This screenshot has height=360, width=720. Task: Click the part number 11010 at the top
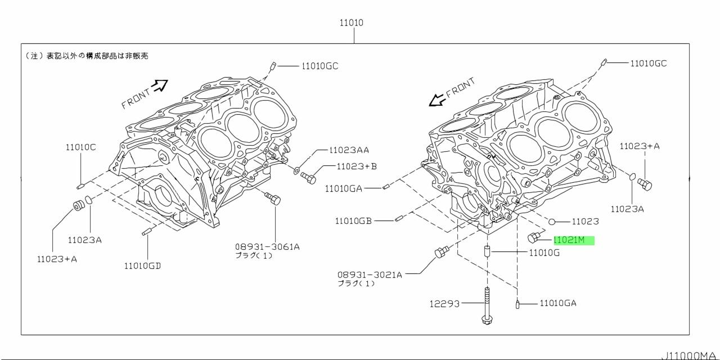coord(352,23)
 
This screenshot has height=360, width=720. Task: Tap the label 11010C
coord(80,147)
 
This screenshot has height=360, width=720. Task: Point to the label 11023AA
coord(349,150)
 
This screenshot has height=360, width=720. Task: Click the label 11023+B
coord(357,166)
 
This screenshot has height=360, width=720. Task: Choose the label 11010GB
coord(353,221)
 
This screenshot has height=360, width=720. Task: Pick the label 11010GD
coord(142,266)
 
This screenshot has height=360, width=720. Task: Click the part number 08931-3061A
coord(267,247)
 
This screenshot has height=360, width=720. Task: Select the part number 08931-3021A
coord(370,275)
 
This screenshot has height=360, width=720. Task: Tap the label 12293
coord(444,304)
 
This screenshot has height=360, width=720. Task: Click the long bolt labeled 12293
coord(487,305)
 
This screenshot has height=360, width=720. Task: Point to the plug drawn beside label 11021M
coord(533,237)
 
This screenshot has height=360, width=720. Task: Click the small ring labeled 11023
coord(552,222)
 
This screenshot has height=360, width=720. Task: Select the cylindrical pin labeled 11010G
coord(487,251)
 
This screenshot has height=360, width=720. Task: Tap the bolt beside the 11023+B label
coord(308,177)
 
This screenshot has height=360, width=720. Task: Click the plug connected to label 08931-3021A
coord(442,251)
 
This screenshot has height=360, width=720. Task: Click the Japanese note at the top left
coord(87,56)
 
